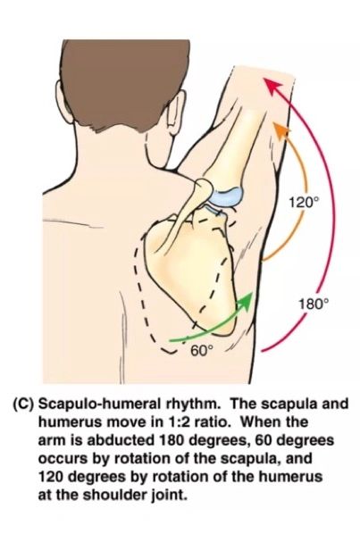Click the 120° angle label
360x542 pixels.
(302, 202)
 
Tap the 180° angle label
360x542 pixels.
(313, 304)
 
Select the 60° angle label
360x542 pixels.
(202, 351)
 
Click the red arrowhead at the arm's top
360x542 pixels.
(272, 88)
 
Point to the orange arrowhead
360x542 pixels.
(282, 130)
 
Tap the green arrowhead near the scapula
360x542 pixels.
(246, 300)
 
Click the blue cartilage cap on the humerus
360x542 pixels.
(227, 197)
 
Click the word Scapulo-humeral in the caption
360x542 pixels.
(96, 404)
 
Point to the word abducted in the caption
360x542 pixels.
(121, 440)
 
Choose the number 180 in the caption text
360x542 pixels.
(174, 440)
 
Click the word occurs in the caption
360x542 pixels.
(62, 459)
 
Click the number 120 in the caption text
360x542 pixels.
(52, 477)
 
